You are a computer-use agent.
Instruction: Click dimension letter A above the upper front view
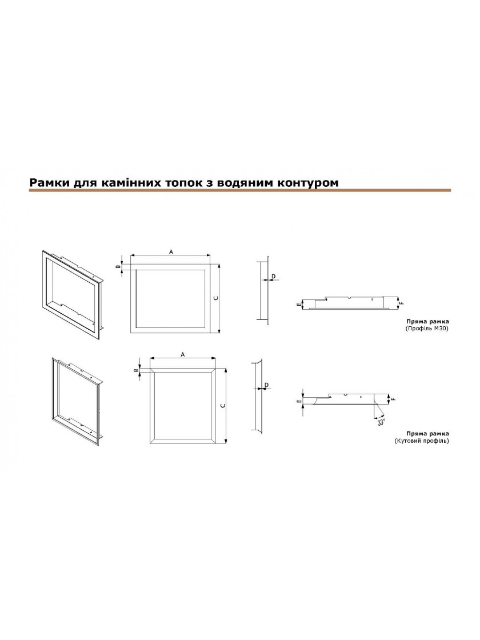click(x=171, y=252)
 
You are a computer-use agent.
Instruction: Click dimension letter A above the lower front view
click(x=183, y=354)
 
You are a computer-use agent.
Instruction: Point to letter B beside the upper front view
click(x=117, y=267)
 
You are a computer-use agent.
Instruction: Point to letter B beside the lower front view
click(x=135, y=370)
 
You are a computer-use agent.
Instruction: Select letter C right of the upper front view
click(x=216, y=298)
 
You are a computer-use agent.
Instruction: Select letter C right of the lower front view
click(x=222, y=406)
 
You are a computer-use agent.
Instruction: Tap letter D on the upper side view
click(x=274, y=277)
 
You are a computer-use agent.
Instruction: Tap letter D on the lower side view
click(x=266, y=385)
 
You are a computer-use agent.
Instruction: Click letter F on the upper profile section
click(x=402, y=303)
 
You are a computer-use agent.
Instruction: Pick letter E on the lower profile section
click(x=300, y=402)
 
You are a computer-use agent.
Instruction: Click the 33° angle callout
click(x=381, y=422)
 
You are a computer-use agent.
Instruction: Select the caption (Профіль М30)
click(x=427, y=328)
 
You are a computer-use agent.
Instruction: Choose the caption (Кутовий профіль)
click(x=421, y=441)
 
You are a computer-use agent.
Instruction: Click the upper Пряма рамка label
click(x=427, y=321)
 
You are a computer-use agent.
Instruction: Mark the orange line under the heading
click(x=240, y=190)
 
